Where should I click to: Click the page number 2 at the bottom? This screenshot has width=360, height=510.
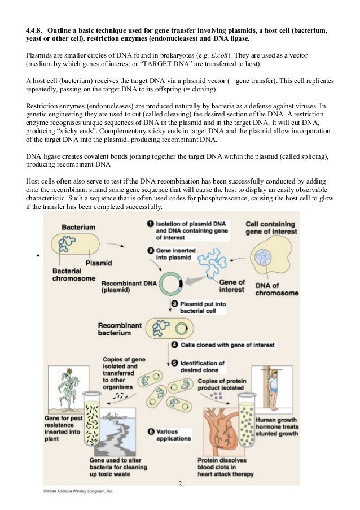180,484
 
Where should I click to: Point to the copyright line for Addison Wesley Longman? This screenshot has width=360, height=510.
78,491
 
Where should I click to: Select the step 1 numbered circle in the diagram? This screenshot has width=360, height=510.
150,224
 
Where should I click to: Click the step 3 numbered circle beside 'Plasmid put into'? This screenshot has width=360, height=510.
174,303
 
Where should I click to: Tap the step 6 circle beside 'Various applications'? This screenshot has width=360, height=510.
151,431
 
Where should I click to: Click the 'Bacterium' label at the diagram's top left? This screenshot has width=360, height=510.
78,228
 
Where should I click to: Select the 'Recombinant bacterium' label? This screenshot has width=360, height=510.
120,329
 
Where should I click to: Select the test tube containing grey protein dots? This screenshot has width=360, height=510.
247,419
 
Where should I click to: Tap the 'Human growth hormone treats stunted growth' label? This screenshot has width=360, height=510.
277,427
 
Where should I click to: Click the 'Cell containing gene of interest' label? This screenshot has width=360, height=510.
271,228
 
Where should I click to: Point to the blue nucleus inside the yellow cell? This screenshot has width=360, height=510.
263,257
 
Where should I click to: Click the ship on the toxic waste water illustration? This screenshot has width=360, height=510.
112,415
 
